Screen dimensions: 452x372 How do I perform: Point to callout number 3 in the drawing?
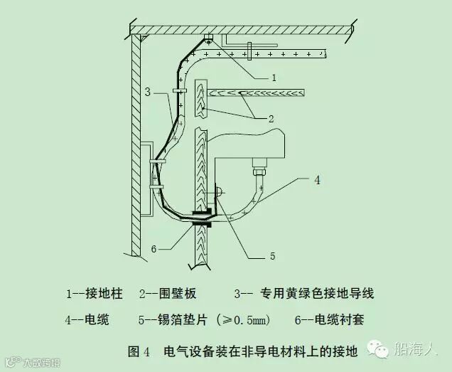147,92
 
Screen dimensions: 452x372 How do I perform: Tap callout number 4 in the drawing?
317,181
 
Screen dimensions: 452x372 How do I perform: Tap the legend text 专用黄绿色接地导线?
318,293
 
